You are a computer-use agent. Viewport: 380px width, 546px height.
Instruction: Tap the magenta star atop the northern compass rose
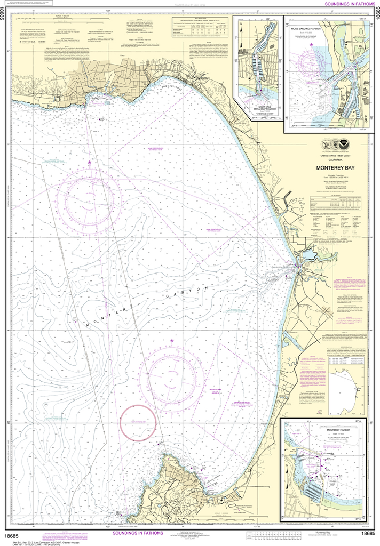click(89, 162)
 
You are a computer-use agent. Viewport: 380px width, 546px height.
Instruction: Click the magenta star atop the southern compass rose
click(172, 340)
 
